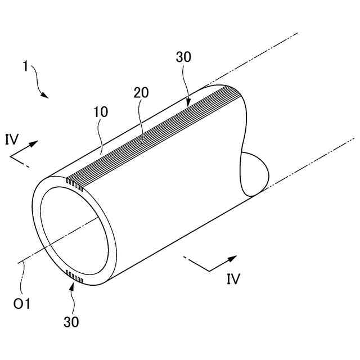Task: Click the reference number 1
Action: point(25,66)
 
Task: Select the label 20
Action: point(141,92)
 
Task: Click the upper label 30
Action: point(183,57)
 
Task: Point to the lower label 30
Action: point(71,322)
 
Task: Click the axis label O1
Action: point(21,304)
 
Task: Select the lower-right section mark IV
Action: point(233,278)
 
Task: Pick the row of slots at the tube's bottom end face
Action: point(74,276)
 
